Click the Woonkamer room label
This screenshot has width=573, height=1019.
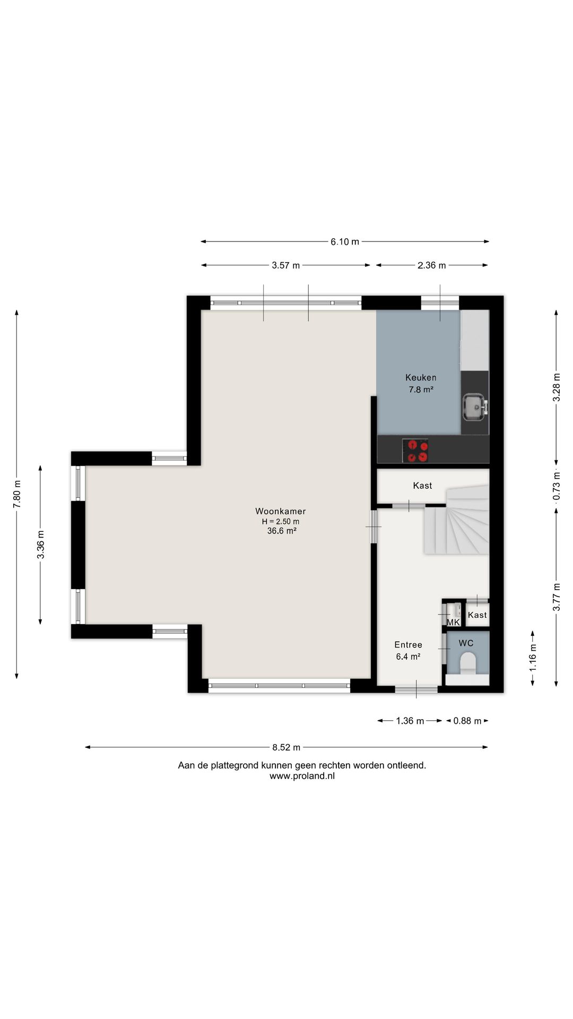(280, 511)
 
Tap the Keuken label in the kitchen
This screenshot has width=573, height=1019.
(421, 377)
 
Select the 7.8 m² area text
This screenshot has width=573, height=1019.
(421, 390)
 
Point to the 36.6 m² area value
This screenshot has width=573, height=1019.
(281, 531)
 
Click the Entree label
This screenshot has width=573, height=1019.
(408, 645)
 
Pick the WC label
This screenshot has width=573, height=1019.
(466, 643)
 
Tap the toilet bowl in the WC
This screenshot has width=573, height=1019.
(468, 663)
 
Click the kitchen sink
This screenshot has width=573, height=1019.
(474, 407)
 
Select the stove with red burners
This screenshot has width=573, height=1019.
(415, 451)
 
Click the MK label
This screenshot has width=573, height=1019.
(453, 622)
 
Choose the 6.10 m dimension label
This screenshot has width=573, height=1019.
(345, 241)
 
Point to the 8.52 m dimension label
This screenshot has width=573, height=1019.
(286, 747)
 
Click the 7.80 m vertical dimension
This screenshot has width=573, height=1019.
(17, 494)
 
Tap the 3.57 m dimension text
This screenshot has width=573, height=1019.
(286, 265)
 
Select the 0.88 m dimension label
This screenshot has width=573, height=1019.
(467, 721)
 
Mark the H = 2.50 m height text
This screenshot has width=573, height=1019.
(281, 521)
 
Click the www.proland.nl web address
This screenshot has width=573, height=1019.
(302, 776)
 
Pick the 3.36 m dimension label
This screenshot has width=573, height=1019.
(40, 545)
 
